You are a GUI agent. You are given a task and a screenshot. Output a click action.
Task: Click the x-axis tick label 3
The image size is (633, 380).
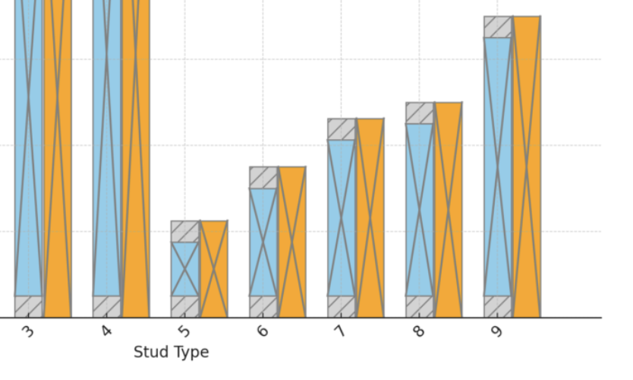(29, 331)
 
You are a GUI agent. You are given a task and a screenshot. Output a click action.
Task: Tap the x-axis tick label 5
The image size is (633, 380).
(184, 331)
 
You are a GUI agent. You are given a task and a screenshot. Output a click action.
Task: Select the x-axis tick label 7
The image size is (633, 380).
(341, 331)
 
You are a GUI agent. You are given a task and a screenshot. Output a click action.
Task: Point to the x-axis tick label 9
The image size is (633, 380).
(497, 331)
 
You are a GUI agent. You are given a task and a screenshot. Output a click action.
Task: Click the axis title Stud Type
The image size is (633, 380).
(171, 352)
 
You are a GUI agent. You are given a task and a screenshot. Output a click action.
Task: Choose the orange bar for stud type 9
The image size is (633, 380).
(527, 166)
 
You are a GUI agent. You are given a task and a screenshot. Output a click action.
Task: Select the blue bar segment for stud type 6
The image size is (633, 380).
(263, 242)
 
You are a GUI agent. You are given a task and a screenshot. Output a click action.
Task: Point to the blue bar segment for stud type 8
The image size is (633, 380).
(420, 210)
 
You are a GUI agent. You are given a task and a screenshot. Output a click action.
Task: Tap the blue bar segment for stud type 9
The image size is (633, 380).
(498, 166)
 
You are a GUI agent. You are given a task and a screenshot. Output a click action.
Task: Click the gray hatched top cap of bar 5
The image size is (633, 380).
(185, 231)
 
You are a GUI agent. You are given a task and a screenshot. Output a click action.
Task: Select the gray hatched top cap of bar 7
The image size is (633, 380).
(342, 129)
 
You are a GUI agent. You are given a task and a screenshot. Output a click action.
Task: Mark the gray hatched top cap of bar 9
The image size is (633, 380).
(498, 27)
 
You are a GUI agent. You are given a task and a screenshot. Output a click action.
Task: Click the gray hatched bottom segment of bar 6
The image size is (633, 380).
(263, 306)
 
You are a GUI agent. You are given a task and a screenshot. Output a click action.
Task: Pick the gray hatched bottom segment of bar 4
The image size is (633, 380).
(107, 306)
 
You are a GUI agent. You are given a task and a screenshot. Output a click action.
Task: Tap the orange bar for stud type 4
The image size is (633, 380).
(136, 152)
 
